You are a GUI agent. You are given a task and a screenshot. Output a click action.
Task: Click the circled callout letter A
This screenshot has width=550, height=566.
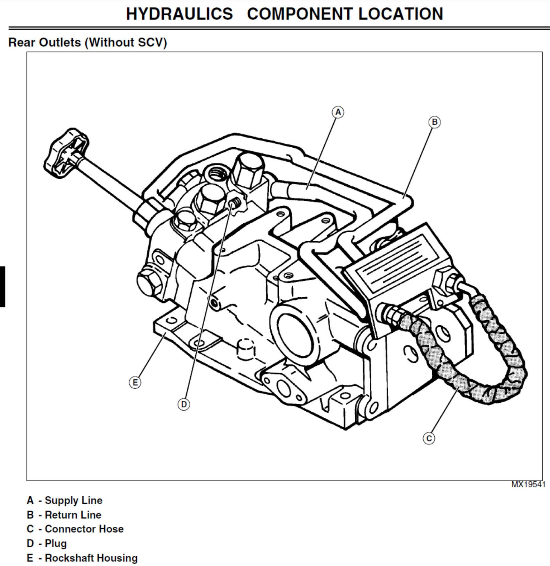tap(338, 112)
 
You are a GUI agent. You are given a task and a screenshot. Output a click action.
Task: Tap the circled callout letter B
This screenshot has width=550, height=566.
tap(434, 122)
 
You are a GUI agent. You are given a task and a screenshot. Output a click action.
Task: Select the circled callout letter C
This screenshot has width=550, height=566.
tap(429, 438)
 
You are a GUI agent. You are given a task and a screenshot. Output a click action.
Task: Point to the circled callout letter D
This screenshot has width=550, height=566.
tap(184, 404)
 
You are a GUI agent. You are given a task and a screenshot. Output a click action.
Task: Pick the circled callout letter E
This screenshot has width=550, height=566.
tap(135, 382)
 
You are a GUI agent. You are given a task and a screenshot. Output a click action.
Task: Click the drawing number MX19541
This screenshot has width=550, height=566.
tap(528, 485)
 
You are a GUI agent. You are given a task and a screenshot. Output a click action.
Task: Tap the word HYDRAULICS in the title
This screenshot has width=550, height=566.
tap(179, 14)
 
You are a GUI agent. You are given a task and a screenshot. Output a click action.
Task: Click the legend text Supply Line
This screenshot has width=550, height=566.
tap(73, 500)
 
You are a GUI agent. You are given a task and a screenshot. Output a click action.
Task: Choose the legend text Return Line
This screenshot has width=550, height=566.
tap(73, 515)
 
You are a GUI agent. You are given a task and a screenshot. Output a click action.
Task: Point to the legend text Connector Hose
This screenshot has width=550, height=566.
tap(84, 529)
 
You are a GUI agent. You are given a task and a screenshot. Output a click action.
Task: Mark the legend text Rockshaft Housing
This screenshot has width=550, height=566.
tap(91, 558)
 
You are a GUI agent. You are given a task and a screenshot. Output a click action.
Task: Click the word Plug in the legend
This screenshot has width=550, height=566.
tap(56, 543)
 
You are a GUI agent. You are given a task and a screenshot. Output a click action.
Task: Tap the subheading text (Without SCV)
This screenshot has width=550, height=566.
tap(126, 42)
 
